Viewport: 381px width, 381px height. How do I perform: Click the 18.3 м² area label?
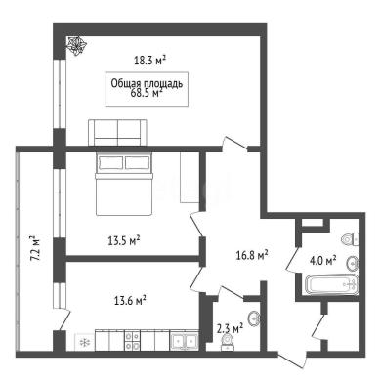coord(150,61)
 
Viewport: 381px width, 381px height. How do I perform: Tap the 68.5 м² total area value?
coord(147,93)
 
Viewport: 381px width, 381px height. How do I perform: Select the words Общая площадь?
coord(147,83)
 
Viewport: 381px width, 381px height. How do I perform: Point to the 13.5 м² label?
coord(124,241)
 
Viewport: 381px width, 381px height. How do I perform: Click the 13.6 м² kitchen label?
coord(130,300)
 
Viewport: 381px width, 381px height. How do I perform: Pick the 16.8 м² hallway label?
coord(252,255)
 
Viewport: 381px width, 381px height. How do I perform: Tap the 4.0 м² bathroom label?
coord(323,261)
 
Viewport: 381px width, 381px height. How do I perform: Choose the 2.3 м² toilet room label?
coord(231,328)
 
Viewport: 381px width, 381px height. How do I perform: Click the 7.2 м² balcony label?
coord(35,248)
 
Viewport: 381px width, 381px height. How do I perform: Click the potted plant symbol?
coord(76,45)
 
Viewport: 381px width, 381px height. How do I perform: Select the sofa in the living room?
coord(117,132)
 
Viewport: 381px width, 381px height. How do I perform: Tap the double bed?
coord(124,184)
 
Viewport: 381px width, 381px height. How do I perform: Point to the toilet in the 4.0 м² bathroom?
coord(350,239)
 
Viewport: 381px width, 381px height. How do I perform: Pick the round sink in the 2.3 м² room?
coord(254,317)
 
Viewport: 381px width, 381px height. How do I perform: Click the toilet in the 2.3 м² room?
coord(228,342)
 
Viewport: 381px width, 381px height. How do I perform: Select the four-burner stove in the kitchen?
coord(132,340)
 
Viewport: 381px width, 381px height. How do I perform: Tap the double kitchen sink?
coord(185,341)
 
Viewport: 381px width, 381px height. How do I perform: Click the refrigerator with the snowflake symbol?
coord(85,342)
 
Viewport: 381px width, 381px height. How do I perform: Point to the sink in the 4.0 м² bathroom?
coord(353,263)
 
